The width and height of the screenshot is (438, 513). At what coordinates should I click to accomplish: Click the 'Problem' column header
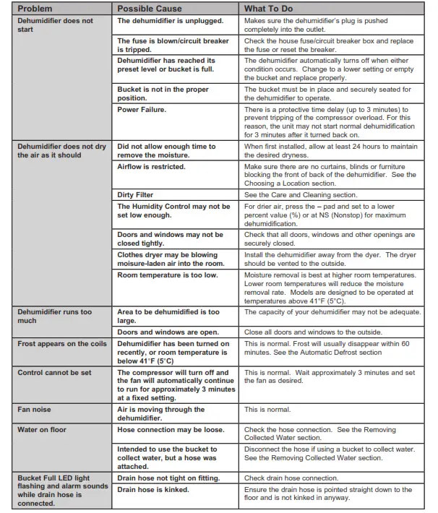pyautogui.click(x=35, y=8)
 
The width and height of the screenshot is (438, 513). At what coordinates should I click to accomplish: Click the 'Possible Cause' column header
pyautogui.click(x=150, y=8)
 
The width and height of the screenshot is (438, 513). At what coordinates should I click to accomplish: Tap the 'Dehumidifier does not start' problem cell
pyautogui.click(x=55, y=25)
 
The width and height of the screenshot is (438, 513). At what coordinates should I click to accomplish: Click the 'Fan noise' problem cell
pyautogui.click(x=35, y=410)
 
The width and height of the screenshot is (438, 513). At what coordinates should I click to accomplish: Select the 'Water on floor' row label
pyautogui.click(x=43, y=429)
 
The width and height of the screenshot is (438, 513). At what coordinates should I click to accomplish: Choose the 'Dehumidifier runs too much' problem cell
pyautogui.click(x=55, y=316)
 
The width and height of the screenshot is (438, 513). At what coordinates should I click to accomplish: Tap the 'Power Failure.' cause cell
pyautogui.click(x=142, y=109)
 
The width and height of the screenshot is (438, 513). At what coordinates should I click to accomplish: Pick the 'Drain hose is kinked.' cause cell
pyautogui.click(x=153, y=489)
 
